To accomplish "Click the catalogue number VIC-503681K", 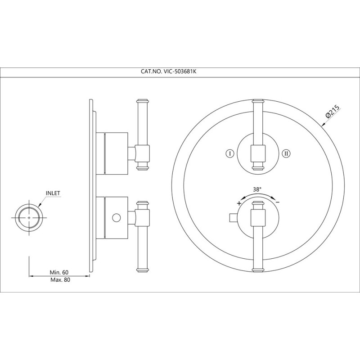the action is point(180,72).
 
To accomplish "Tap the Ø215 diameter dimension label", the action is point(332,111).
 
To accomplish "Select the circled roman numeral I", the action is point(230,153).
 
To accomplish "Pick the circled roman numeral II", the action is point(286,153).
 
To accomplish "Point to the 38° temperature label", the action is point(257,189).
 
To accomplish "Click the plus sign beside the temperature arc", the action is point(239,203).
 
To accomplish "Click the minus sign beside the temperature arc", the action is point(277,202).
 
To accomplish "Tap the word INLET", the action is point(53,193).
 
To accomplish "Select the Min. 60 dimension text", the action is point(59,272).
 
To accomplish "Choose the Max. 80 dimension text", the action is point(60,280).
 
